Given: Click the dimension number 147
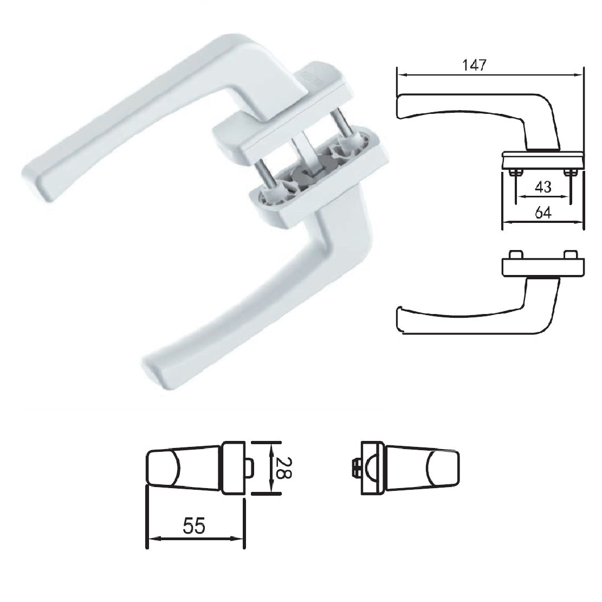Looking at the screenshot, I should point(475,65).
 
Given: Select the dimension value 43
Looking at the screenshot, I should point(542,187).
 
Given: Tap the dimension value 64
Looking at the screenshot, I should point(543,213).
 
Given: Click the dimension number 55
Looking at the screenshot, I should point(194,526).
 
